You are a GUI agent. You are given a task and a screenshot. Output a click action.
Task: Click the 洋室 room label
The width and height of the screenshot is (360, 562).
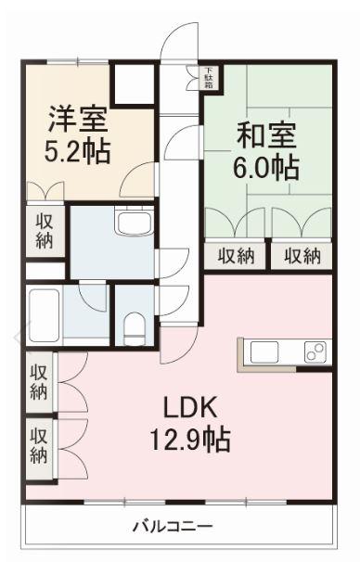tap(78, 120)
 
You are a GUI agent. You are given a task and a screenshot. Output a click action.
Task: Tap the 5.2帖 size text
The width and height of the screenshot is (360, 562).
tap(78, 150)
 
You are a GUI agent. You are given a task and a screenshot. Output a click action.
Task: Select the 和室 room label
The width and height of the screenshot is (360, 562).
tap(266, 135)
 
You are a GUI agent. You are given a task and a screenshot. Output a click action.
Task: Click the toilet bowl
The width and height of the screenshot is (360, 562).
tap(135, 325)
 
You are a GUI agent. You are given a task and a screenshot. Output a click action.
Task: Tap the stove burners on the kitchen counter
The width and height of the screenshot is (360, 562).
tap(314, 352)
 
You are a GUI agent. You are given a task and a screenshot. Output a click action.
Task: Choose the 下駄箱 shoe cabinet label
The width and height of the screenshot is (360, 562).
tap(209, 78)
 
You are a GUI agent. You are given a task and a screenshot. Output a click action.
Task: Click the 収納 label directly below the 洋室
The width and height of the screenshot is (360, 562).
tap(44, 231)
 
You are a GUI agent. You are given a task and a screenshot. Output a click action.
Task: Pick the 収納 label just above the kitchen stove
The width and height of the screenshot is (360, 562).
tap(302, 256)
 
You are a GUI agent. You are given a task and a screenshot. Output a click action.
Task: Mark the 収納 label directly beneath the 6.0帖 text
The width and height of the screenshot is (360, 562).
tap(236, 256)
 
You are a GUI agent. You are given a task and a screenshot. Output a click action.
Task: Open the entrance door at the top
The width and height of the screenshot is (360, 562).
tap(174, 42)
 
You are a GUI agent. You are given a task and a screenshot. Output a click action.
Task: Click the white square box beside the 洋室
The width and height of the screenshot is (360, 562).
tap(133, 84)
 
